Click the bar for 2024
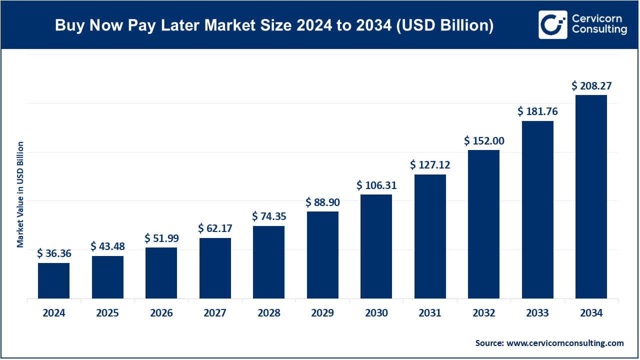pyautogui.click(x=53, y=281)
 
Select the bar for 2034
pyautogui.click(x=591, y=197)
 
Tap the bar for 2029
pyautogui.click(x=322, y=255)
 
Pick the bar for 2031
pyautogui.click(x=430, y=236)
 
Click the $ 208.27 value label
pyautogui.click(x=591, y=86)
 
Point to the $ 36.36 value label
pyautogui.click(x=54, y=253)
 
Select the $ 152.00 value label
pyautogui.click(x=484, y=141)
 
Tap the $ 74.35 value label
pyautogui.click(x=269, y=216)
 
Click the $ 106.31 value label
pyautogui.click(x=376, y=185)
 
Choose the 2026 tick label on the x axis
pyautogui.click(x=161, y=313)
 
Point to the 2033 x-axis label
pyautogui.click(x=537, y=313)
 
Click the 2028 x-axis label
pyautogui.click(x=269, y=313)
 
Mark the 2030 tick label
pyautogui.click(x=376, y=313)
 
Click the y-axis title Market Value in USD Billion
pyautogui.click(x=20, y=194)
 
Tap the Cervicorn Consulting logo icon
pyautogui.click(x=552, y=24)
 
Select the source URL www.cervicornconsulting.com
pyautogui.click(x=565, y=343)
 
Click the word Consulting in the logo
pyautogui.click(x=599, y=30)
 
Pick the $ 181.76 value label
pyautogui.click(x=537, y=111)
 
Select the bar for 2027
pyautogui.click(x=215, y=268)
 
